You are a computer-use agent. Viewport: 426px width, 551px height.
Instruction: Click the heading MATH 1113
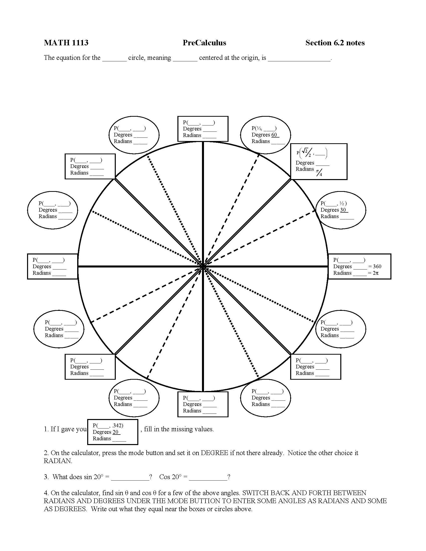[66, 43]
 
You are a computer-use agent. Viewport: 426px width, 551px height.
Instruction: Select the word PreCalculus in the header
[204, 43]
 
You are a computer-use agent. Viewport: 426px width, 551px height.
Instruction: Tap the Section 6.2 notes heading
[335, 43]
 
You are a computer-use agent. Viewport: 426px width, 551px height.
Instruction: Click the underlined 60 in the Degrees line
[274, 135]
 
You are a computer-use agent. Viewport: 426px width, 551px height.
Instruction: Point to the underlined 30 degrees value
[343, 210]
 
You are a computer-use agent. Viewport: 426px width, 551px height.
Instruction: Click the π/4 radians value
[319, 173]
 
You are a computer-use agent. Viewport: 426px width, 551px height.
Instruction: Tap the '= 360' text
[375, 266]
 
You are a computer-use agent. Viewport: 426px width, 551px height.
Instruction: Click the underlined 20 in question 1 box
[116, 432]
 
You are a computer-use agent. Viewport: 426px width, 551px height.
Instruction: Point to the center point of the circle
[203, 266]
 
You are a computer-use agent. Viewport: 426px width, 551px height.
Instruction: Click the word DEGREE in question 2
[215, 453]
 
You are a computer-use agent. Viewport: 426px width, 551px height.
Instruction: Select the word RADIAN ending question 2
[58, 461]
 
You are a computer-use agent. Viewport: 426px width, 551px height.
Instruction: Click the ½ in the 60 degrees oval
[259, 128]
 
